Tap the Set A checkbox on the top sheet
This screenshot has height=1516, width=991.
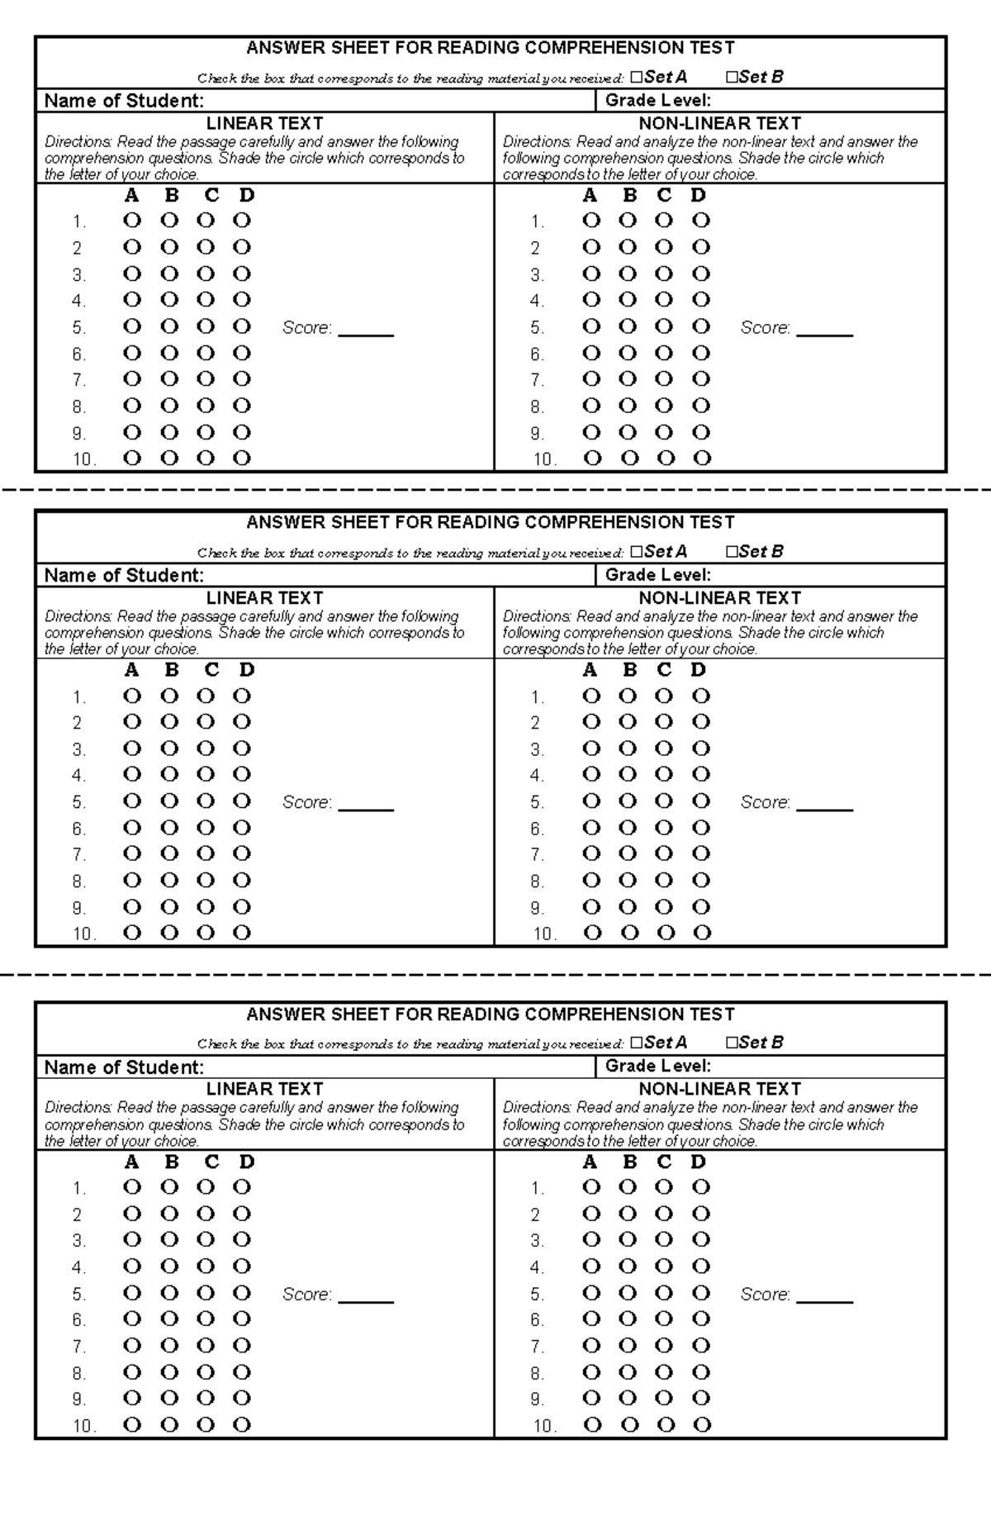[x=635, y=78]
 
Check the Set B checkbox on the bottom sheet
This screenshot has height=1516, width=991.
[x=731, y=1043]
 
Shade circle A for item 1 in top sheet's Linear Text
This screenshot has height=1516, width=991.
[x=132, y=221]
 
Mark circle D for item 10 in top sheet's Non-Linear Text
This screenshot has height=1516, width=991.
[x=702, y=459]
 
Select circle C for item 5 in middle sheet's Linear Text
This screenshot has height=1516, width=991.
[x=206, y=801]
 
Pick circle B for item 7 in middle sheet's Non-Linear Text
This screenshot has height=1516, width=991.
[x=628, y=853]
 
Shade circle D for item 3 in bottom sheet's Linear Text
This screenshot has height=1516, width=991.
[x=241, y=1239]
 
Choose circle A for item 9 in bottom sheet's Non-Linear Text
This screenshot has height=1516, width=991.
[x=591, y=1398]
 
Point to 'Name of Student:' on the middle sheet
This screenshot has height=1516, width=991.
[x=124, y=575]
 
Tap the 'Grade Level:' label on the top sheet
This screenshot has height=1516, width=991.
[x=657, y=101]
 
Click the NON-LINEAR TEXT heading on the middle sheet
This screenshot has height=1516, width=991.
[x=719, y=597]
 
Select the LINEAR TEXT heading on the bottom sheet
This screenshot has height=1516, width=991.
[x=264, y=1089]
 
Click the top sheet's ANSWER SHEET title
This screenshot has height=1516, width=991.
[x=490, y=48]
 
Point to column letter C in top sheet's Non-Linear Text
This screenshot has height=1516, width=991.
[x=664, y=196]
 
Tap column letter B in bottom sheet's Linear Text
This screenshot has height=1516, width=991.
[x=172, y=1162]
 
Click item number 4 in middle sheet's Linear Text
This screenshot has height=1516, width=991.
[x=78, y=776]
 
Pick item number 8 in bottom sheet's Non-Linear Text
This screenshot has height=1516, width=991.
[x=537, y=1373]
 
